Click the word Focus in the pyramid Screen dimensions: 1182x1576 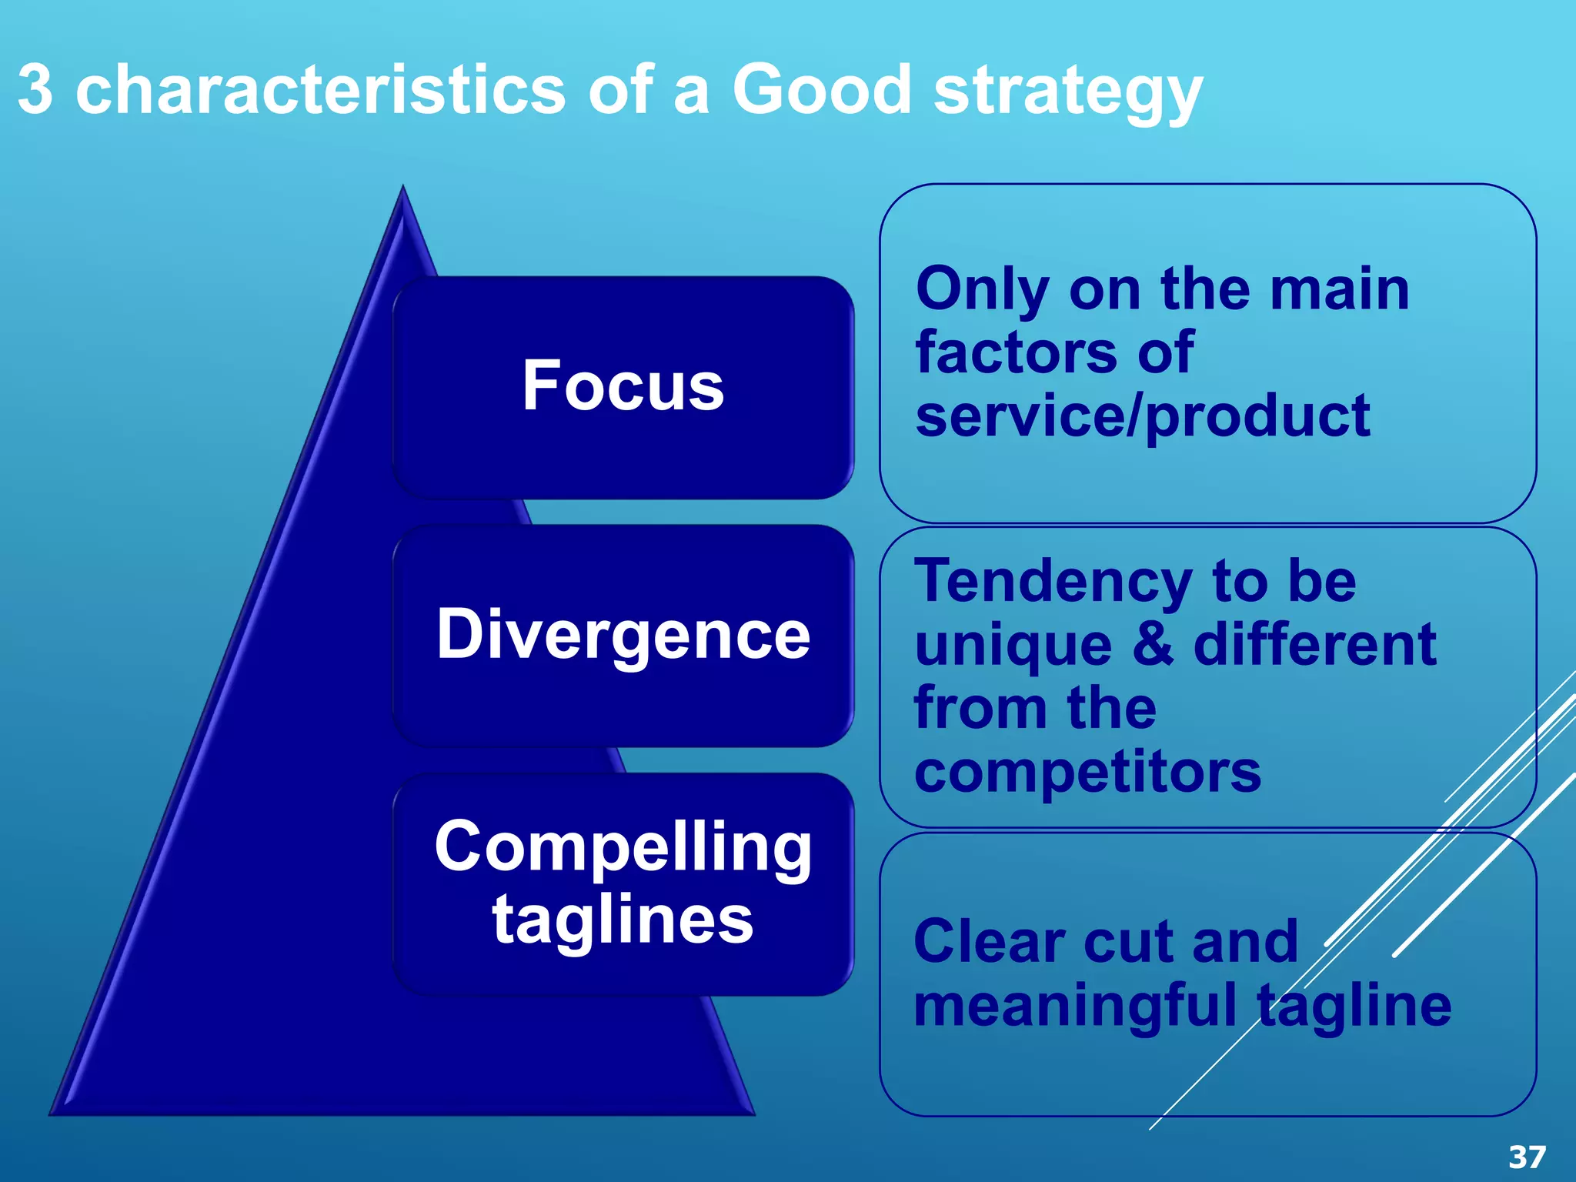pyautogui.click(x=623, y=386)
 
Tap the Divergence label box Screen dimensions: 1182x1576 pyautogui.click(x=623, y=636)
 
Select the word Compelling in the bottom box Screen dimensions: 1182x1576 pyautogui.click(x=623, y=846)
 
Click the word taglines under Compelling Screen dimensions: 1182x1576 pyautogui.click(x=623, y=920)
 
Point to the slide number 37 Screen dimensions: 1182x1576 pyautogui.click(x=1527, y=1157)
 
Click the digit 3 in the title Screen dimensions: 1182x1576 pyautogui.click(x=35, y=90)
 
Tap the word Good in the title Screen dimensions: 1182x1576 pyautogui.click(x=821, y=90)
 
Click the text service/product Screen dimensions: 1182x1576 pyautogui.click(x=1142, y=416)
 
